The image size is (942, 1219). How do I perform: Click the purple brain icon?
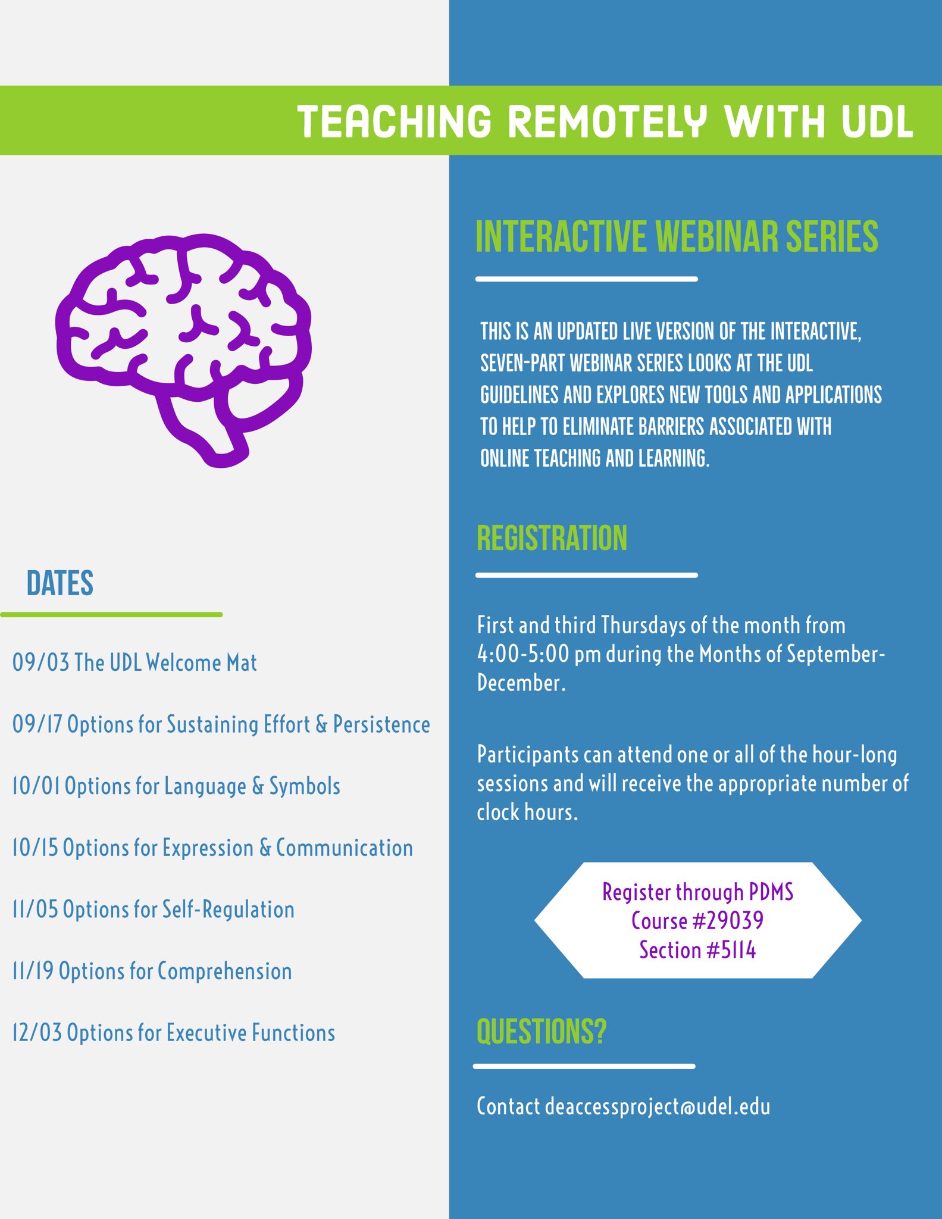[183, 348]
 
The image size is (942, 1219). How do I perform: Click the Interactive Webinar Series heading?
[677, 237]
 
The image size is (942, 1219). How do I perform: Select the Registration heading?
[552, 539]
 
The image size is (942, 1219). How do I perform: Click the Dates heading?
[60, 583]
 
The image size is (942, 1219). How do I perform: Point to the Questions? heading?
[542, 1032]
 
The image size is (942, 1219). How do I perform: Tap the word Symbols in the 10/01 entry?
[305, 787]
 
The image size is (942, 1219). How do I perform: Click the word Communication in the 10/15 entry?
[345, 848]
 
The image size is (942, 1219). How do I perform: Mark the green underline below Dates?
[111, 614]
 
